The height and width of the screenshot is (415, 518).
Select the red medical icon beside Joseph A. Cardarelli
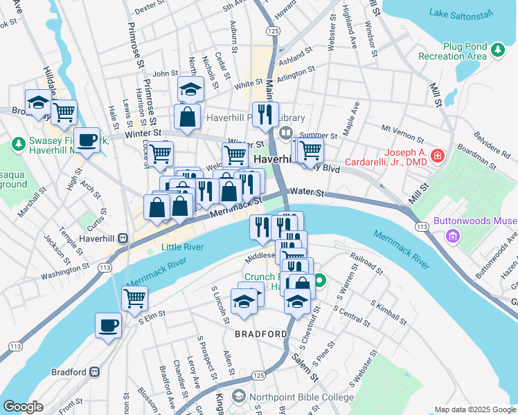tap(437, 156)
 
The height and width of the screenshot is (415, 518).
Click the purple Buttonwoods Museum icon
tap(453, 238)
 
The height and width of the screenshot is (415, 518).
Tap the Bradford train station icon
tap(94, 372)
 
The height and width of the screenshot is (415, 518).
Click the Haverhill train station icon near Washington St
tap(123, 238)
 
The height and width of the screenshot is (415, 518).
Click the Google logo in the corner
tap(23, 407)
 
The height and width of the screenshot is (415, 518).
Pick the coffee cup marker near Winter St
tap(87, 140)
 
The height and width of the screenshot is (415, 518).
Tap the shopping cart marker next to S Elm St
tap(134, 298)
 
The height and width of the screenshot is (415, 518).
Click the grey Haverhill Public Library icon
tap(285, 132)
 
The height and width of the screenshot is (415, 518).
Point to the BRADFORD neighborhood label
tap(260, 334)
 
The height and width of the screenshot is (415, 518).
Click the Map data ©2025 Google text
tap(474, 409)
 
